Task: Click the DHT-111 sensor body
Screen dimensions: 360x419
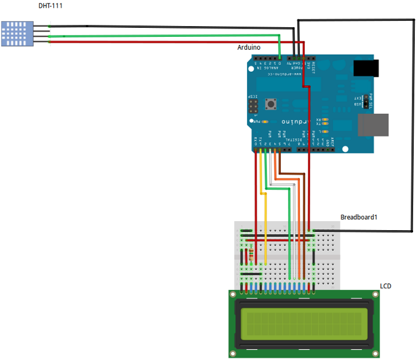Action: click(18, 34)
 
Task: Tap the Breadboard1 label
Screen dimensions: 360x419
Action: click(359, 217)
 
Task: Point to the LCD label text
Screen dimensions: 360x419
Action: click(385, 286)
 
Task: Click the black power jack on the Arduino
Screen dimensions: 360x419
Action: click(364, 68)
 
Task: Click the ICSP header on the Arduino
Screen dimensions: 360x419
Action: click(252, 107)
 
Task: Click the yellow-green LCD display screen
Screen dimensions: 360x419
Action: click(302, 323)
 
